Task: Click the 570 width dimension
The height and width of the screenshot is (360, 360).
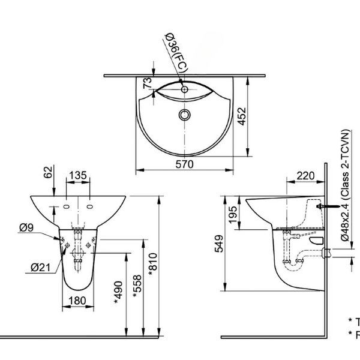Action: coord(184,166)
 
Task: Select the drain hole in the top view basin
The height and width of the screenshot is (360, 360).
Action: coord(184,113)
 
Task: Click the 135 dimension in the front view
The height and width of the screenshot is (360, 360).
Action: coord(78,176)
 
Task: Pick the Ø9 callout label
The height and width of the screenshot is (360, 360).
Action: coord(25,227)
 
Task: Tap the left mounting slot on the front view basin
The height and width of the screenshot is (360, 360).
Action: coord(64,208)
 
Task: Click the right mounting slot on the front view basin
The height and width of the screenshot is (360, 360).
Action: coord(90,208)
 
